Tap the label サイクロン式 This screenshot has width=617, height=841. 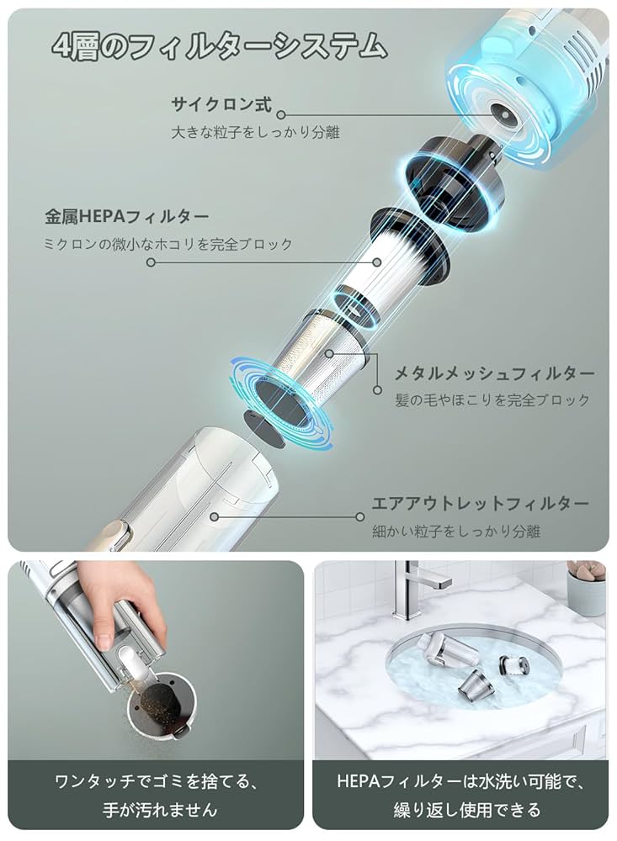[221, 105]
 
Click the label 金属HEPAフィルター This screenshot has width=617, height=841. [128, 216]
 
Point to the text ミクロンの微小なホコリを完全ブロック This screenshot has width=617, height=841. [168, 244]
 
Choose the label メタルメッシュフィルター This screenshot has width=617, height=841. [495, 373]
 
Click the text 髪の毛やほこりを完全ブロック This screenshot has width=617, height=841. [492, 400]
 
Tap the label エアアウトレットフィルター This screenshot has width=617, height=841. [481, 504]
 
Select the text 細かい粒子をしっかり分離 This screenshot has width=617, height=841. [456, 532]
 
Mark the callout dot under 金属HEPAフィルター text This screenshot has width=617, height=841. [152, 262]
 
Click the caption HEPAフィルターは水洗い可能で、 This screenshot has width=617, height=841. [460, 783]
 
